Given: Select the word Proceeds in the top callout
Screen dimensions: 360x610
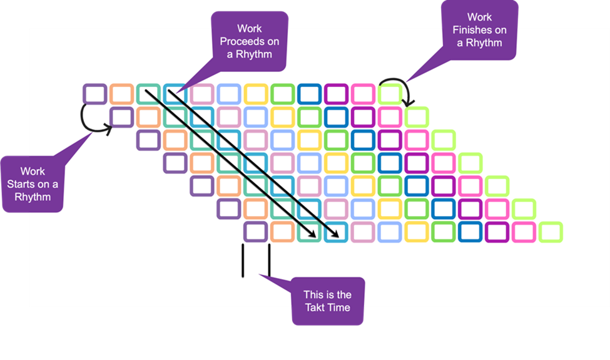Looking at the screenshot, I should tap(250, 41).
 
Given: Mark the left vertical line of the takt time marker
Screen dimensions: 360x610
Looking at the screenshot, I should tap(242, 260).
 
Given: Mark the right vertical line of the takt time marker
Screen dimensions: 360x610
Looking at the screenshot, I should tap(269, 260).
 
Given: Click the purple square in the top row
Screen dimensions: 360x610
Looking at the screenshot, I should tap(94, 94).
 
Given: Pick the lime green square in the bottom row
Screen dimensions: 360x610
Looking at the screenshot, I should tap(551, 232).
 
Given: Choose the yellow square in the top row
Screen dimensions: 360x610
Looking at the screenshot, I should tap(256, 94).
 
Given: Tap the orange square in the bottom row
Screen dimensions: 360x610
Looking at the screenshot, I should tap(283, 232).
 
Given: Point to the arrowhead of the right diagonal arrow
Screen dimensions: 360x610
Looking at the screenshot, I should tap(338, 237).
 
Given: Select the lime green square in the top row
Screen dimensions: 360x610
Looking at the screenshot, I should tap(390, 94).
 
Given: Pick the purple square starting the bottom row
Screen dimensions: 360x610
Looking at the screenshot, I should tap(256, 232).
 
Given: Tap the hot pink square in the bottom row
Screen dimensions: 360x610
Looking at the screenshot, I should tap(524, 232).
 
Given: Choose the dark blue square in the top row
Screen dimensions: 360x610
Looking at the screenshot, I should tap(310, 94).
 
